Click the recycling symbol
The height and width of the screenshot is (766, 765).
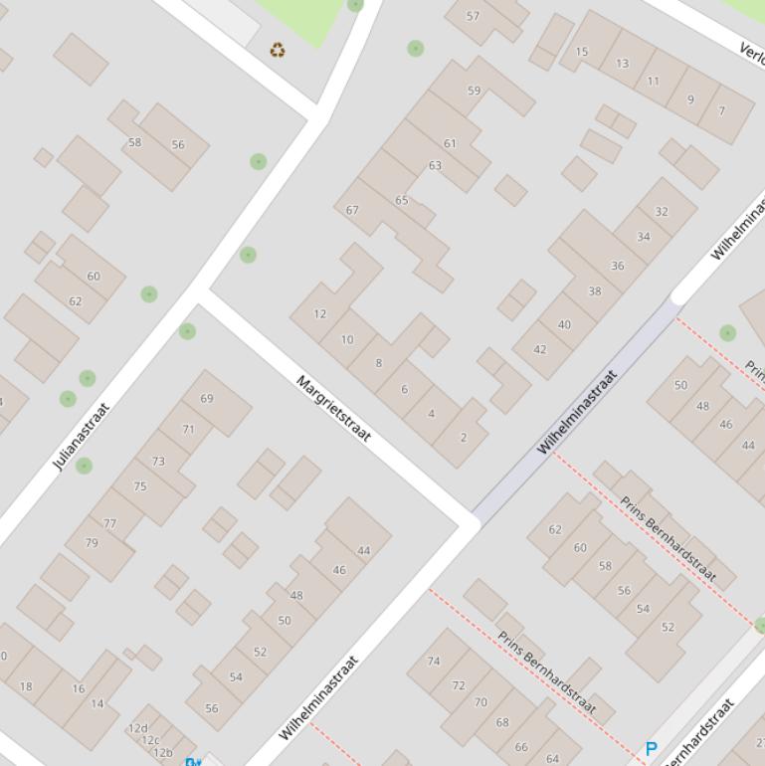coord(278,50)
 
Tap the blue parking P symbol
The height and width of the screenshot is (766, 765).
coord(652,749)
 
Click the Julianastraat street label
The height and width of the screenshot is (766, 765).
coord(81,436)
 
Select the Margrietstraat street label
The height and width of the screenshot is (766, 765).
coord(333,409)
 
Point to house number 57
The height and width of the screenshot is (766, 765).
coord(474,16)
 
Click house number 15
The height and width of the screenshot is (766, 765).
coord(582,52)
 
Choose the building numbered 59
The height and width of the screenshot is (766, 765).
coord(474,91)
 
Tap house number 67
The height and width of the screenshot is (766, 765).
coord(352,210)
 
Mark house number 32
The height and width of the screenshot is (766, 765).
coord(662,211)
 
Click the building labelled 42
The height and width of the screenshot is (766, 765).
coord(540,349)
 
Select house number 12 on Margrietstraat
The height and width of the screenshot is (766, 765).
coord(319,313)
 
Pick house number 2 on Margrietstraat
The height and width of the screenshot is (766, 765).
coord(463,437)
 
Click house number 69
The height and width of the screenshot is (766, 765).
coord(207,398)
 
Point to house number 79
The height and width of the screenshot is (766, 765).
coord(92,542)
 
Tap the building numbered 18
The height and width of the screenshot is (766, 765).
coord(26,685)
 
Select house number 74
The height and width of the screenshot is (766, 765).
coord(434,661)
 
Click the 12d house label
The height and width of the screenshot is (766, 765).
coord(137,728)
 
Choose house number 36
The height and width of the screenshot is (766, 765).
coord(617,266)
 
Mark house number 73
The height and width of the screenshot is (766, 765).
coord(158,461)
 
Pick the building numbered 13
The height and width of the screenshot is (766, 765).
coord(622,64)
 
